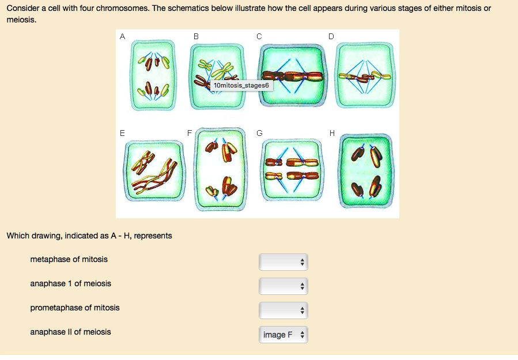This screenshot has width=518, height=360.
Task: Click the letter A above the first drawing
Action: (122, 36)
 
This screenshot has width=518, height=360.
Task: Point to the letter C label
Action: (259, 36)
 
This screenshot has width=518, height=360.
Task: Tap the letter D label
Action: (331, 36)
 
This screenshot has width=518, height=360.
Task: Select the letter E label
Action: (122, 133)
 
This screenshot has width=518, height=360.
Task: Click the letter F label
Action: (190, 133)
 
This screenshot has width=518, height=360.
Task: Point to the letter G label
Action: (259, 133)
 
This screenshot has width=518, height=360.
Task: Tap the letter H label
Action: (331, 133)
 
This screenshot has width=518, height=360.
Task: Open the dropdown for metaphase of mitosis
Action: (283, 262)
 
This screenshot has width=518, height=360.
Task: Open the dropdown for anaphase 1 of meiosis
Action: (283, 286)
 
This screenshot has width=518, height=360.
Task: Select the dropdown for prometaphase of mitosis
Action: (283, 310)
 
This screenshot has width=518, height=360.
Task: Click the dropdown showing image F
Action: (283, 335)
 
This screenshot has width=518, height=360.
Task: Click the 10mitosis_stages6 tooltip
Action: (240, 86)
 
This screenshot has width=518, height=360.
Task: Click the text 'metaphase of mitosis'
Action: (69, 259)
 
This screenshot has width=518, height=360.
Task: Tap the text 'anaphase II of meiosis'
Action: (70, 332)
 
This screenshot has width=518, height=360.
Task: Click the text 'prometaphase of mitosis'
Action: (75, 308)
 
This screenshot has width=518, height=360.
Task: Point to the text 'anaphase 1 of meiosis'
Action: (70, 283)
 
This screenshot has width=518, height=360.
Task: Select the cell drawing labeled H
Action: (367, 172)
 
